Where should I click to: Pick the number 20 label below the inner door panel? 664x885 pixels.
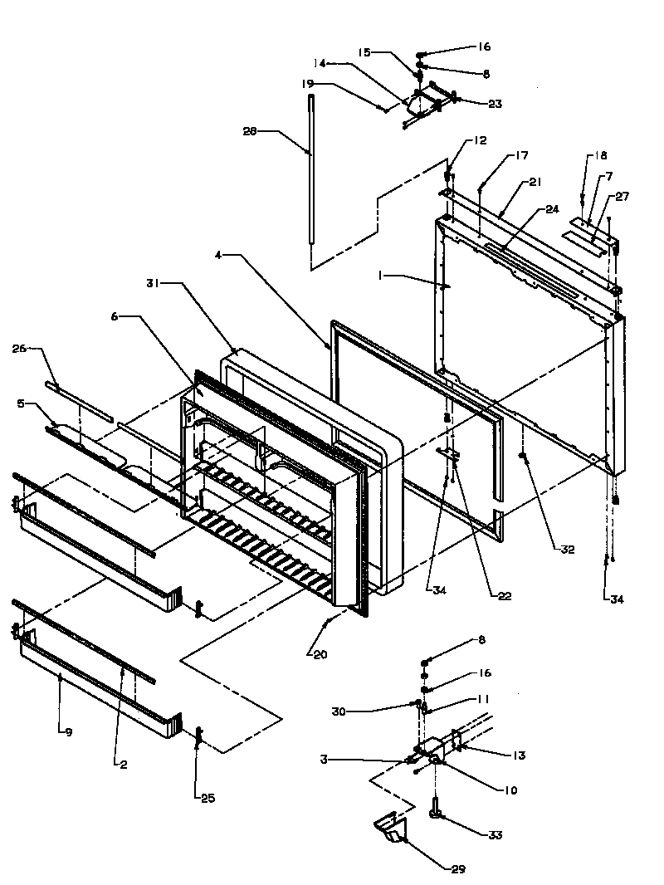pos(320,653)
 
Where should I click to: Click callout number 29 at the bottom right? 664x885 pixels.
pos(458,869)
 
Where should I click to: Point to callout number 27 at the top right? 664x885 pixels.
pos(622,197)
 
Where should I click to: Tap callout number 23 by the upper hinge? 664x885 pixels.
pos(495,105)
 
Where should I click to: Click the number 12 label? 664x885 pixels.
pos(481,140)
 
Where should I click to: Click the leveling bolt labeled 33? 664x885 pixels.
pos(434,807)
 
